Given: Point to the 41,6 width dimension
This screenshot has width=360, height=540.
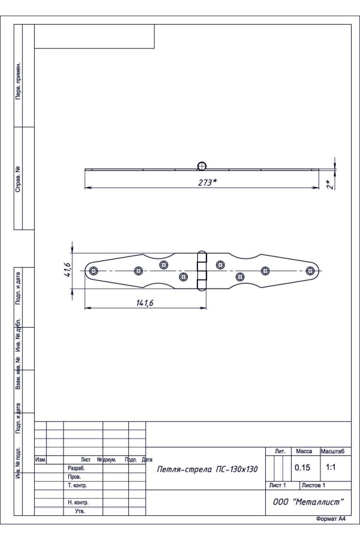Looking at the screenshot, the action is tap(67, 270).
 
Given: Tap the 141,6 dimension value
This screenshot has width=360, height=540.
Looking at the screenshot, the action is tap(145, 303).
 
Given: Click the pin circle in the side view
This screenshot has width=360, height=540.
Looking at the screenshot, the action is tap(202, 166).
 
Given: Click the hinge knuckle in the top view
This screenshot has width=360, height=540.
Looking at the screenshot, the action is tap(202, 271).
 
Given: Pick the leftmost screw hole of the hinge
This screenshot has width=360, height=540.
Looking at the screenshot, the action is tap(94, 271).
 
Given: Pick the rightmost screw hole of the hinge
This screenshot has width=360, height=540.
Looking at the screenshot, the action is tap(310, 271).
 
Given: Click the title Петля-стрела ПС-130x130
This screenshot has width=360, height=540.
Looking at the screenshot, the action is tap(207, 469).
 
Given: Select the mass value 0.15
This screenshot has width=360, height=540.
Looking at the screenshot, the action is tap(302, 467).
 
